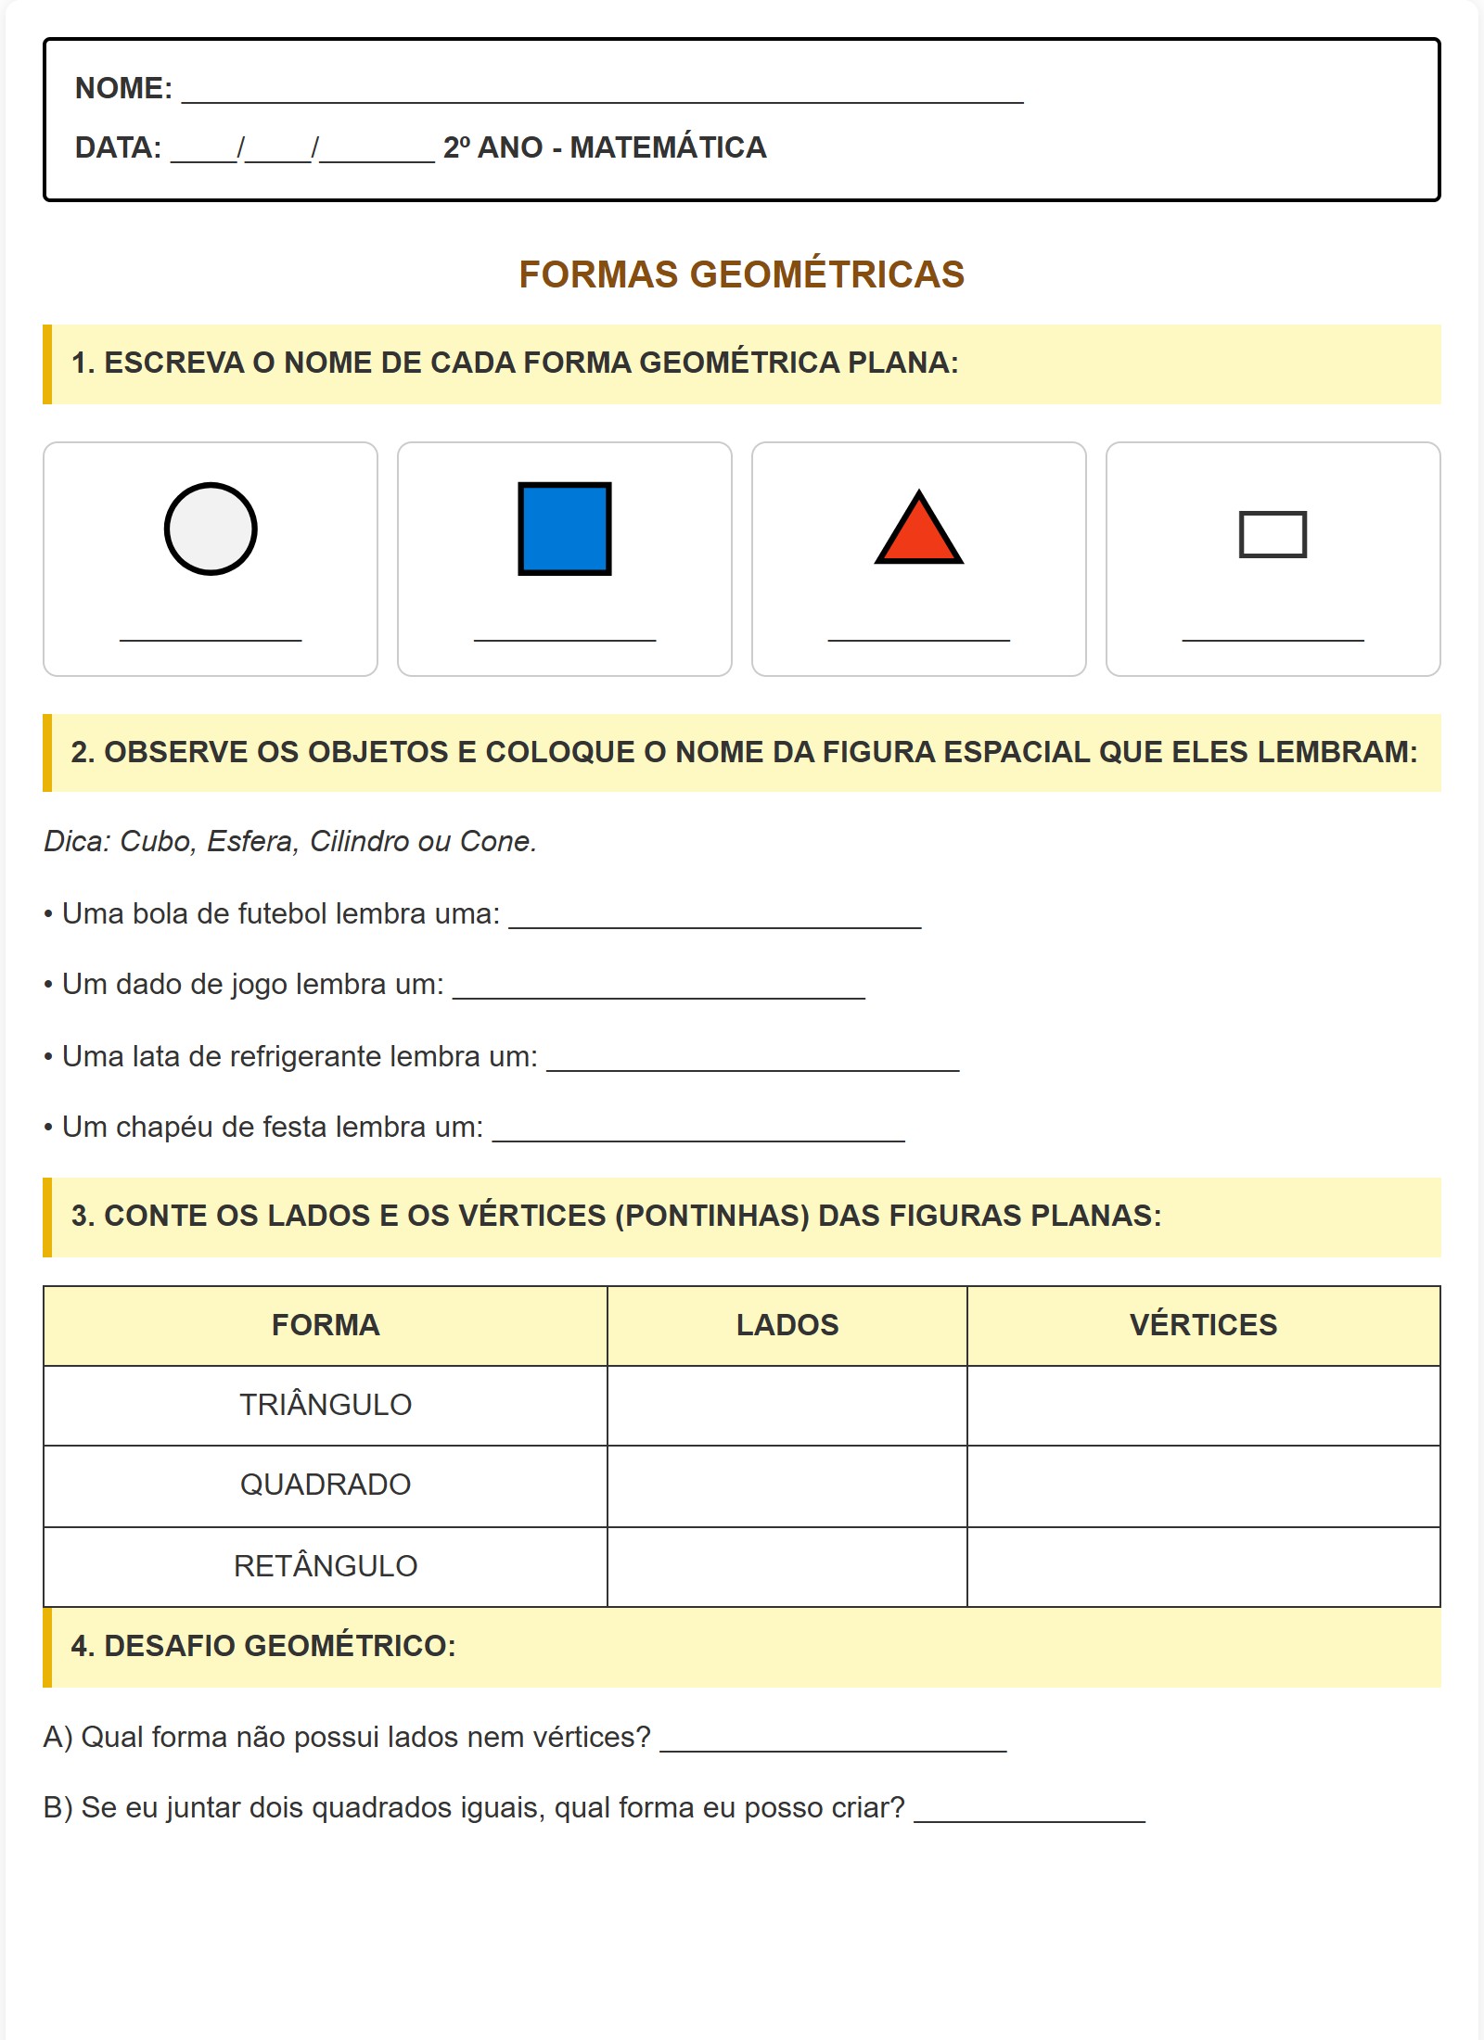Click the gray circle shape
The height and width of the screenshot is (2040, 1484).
[x=211, y=529]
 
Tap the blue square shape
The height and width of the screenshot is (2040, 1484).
[x=564, y=529]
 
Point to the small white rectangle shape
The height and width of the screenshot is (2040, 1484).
[x=1273, y=534]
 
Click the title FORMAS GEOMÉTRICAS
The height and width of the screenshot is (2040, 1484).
[x=741, y=274]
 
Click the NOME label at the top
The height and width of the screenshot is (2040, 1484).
[x=123, y=89]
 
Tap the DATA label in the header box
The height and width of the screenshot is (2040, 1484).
[x=118, y=148]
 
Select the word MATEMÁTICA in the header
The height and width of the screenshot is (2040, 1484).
[x=668, y=148]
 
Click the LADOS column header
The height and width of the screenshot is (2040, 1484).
[x=787, y=1325]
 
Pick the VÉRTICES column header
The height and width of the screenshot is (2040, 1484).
[x=1203, y=1325]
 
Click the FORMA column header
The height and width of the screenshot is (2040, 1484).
[x=326, y=1325]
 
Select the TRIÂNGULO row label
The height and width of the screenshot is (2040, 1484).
[x=326, y=1405]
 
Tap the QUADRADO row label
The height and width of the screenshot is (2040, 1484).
[x=326, y=1485]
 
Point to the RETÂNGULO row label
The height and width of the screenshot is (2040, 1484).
[x=326, y=1566]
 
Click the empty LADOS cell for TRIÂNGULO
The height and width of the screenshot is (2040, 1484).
[x=787, y=1405]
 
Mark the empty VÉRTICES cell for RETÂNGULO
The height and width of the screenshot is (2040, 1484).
[x=1203, y=1566]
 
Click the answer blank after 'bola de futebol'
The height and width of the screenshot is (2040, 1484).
[x=714, y=918]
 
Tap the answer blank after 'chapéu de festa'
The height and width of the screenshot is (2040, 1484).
[x=698, y=1131]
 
